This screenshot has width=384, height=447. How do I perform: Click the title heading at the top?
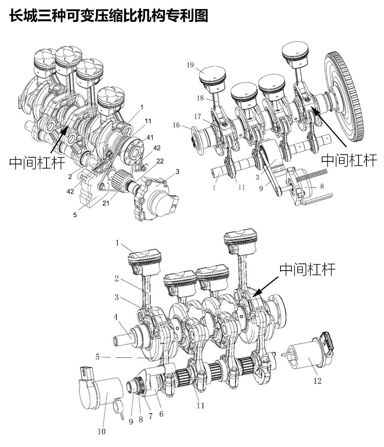click(108, 15)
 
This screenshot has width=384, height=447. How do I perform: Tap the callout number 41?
click(150, 137)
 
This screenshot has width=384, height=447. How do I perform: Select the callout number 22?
click(160, 161)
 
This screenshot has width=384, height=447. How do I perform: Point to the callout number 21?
click(106, 203)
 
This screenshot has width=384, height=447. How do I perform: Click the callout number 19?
click(190, 65)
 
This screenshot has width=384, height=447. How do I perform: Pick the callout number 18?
click(200, 98)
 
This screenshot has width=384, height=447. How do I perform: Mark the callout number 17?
click(198, 116)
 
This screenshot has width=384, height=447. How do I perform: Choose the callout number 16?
click(176, 125)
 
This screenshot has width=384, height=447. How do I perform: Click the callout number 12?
click(317, 381)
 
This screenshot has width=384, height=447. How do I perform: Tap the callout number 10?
click(102, 431)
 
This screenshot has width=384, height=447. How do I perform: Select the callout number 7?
click(151, 416)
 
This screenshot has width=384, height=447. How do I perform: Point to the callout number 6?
click(161, 414)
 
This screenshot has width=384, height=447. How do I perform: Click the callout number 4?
click(116, 317)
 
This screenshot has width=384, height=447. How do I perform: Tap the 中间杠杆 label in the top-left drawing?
click(37, 163)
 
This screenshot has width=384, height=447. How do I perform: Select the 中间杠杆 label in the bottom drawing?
click(307, 269)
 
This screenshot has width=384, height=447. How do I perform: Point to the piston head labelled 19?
click(213, 77)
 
